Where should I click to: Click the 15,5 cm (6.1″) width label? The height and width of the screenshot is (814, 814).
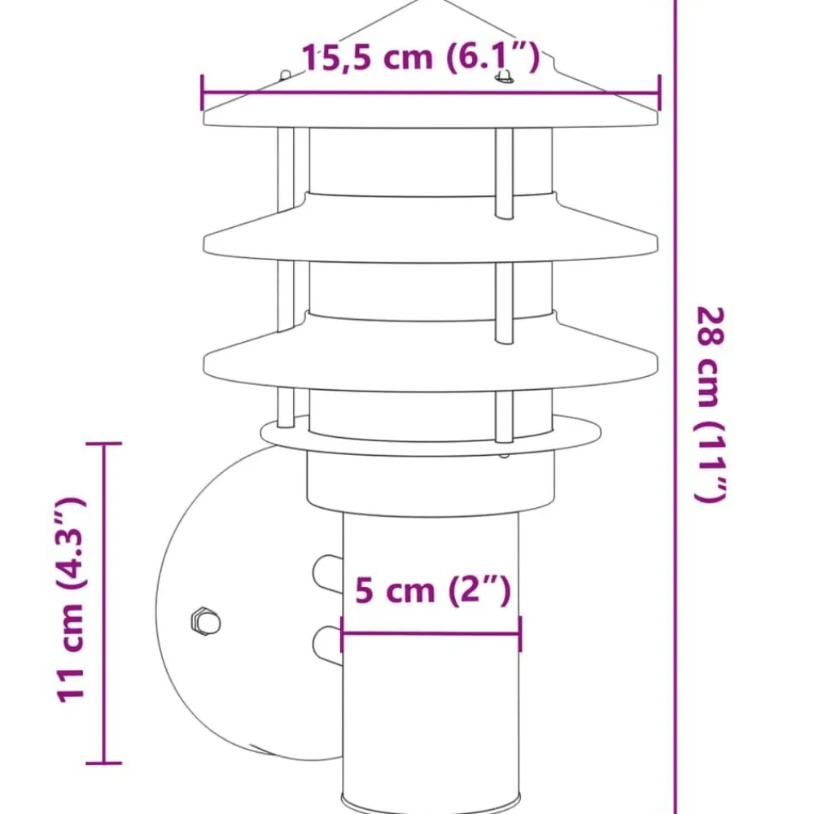[421, 57]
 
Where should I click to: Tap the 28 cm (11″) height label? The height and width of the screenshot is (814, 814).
[710, 405]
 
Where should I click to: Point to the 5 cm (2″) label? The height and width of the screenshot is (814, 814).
[433, 590]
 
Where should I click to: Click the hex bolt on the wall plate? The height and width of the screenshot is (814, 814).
[206, 621]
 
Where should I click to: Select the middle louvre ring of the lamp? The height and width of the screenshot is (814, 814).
[431, 229]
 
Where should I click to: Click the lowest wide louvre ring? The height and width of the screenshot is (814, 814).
[431, 350]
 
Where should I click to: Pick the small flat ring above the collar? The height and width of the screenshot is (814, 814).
[431, 435]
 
